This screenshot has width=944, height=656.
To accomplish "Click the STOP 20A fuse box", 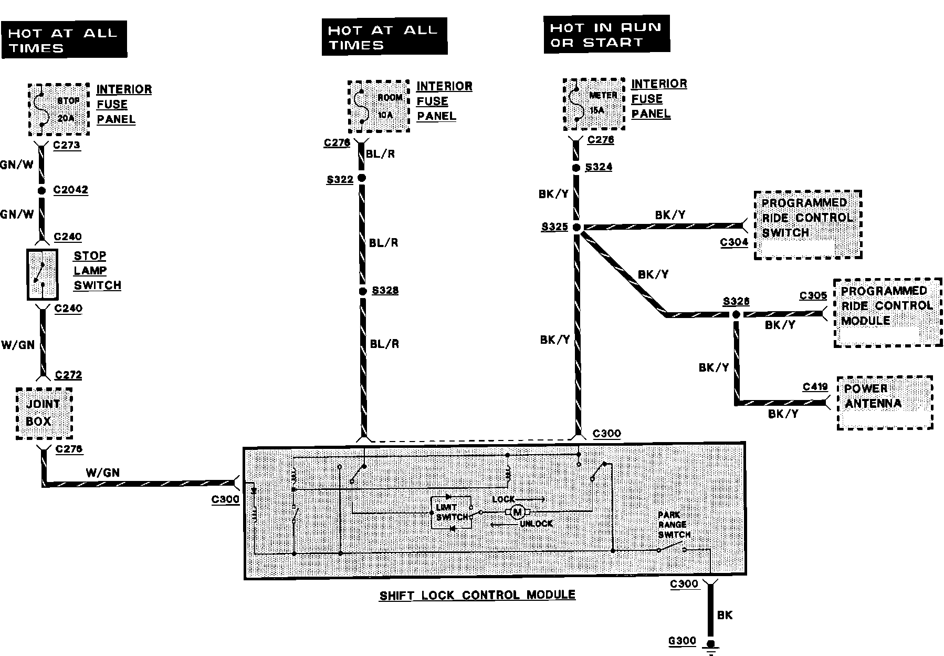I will coord(59,109).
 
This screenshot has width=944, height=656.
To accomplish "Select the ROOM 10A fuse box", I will coord(379,107).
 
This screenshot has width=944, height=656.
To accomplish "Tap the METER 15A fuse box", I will coord(594,104).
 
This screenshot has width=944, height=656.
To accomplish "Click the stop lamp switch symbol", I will coord(42,274).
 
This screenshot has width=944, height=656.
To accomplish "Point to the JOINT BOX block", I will coord(44,413).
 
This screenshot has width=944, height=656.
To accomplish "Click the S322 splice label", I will coord(340,180).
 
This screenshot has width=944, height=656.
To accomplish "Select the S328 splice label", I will coord(385,291).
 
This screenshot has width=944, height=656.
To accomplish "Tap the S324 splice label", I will coord(599,167).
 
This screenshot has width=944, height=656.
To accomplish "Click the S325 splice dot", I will coord(576,228).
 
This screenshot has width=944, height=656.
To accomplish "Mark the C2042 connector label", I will coord(70,190).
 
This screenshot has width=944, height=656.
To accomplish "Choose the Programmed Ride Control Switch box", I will coord(807,224).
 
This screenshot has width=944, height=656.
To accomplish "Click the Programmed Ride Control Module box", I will coord(887,312).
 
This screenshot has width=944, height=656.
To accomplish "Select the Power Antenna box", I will coord(885,402).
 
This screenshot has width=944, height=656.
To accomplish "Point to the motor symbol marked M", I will coord(518,511).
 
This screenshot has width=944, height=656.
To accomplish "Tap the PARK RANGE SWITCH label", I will coord(673,525).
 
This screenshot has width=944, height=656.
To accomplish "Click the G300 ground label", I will coord(682,641).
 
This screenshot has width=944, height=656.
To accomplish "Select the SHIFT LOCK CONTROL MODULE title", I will coord(477,595).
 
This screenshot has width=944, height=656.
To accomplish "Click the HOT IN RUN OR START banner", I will coord(606,35).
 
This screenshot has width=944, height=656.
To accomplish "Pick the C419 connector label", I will coord(815,387).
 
